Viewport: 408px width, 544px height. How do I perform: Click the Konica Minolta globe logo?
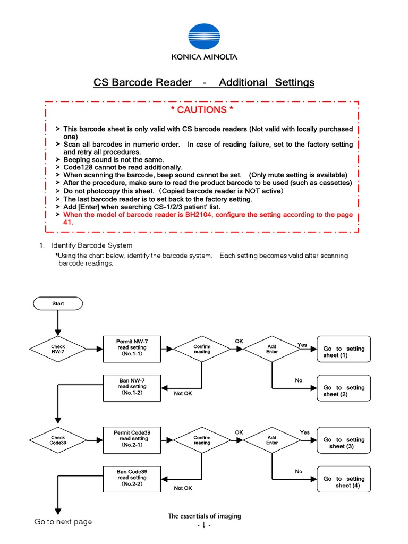[204, 36]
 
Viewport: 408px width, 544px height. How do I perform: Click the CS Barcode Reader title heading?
[204, 83]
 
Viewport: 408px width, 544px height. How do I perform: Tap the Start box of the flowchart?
[58, 303]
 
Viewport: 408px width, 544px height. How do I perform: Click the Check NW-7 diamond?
[58, 348]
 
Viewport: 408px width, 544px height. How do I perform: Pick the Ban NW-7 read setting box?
[132, 386]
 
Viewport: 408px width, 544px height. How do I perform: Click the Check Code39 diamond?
[58, 440]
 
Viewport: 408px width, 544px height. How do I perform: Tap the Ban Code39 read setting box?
[132, 478]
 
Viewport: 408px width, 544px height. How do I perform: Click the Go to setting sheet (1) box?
[344, 351]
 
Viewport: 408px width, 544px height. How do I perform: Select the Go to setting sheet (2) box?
[344, 390]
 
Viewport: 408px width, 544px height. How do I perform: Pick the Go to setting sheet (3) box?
[344, 443]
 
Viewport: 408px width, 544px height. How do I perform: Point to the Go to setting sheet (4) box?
[344, 481]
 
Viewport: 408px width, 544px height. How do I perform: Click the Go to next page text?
[63, 522]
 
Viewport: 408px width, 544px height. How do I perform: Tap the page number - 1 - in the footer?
[204, 525]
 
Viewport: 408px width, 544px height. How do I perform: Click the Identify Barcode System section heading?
[91, 245]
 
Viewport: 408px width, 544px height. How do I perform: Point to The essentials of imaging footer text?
[205, 516]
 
